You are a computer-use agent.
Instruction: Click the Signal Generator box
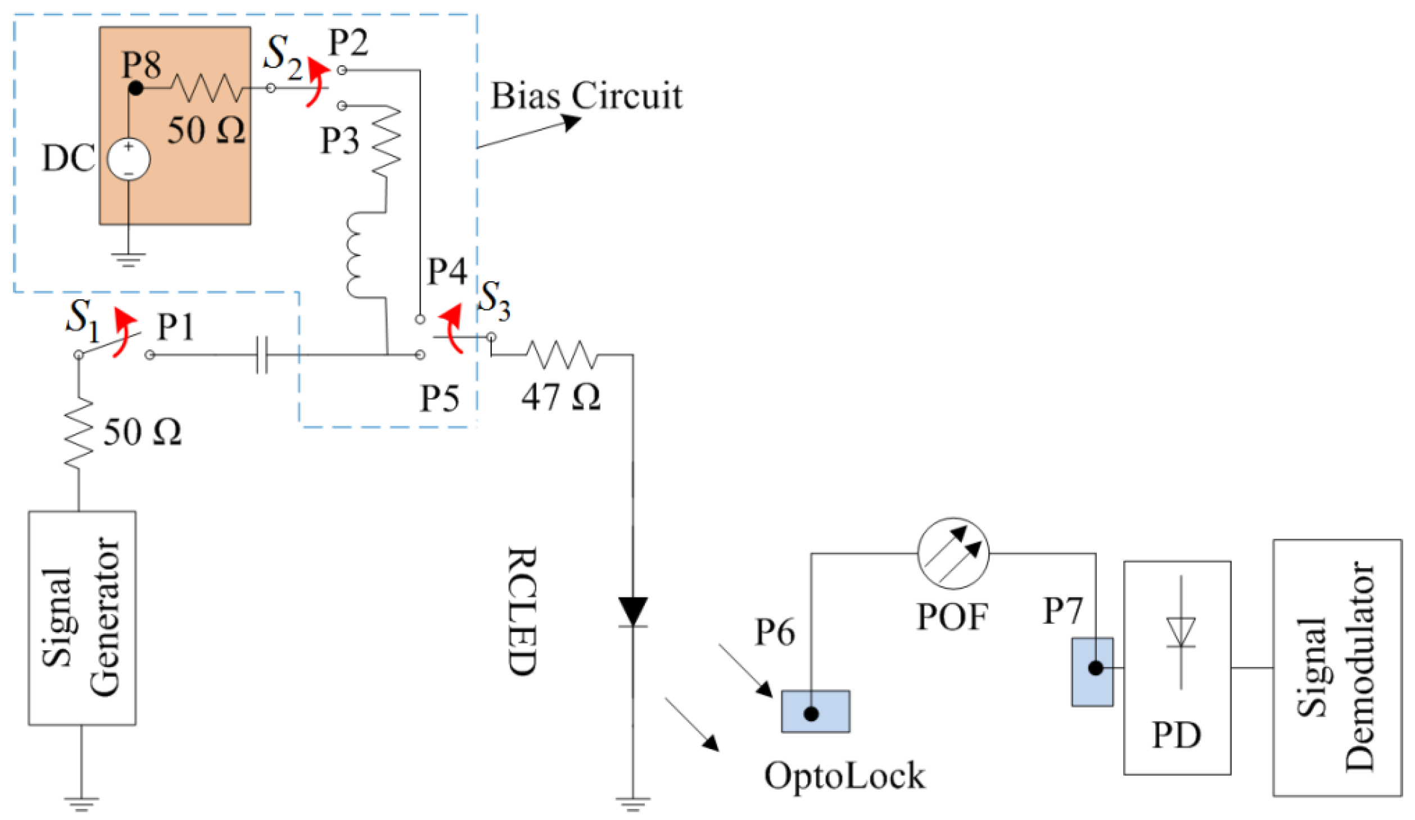(82, 617)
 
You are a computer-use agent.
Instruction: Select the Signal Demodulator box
(1336, 668)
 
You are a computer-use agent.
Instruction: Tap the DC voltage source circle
(129, 160)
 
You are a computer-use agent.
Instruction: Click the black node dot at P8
(135, 88)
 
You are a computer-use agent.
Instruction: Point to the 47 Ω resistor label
(560, 397)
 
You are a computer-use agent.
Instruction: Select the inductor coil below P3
(358, 256)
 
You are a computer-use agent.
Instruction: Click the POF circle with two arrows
(953, 553)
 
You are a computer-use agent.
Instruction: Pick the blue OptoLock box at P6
(815, 711)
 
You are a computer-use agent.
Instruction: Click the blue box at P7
(1092, 672)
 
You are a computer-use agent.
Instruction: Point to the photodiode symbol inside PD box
(1181, 632)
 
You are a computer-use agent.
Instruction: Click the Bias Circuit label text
(586, 96)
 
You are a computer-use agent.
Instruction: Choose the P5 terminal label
(439, 399)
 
